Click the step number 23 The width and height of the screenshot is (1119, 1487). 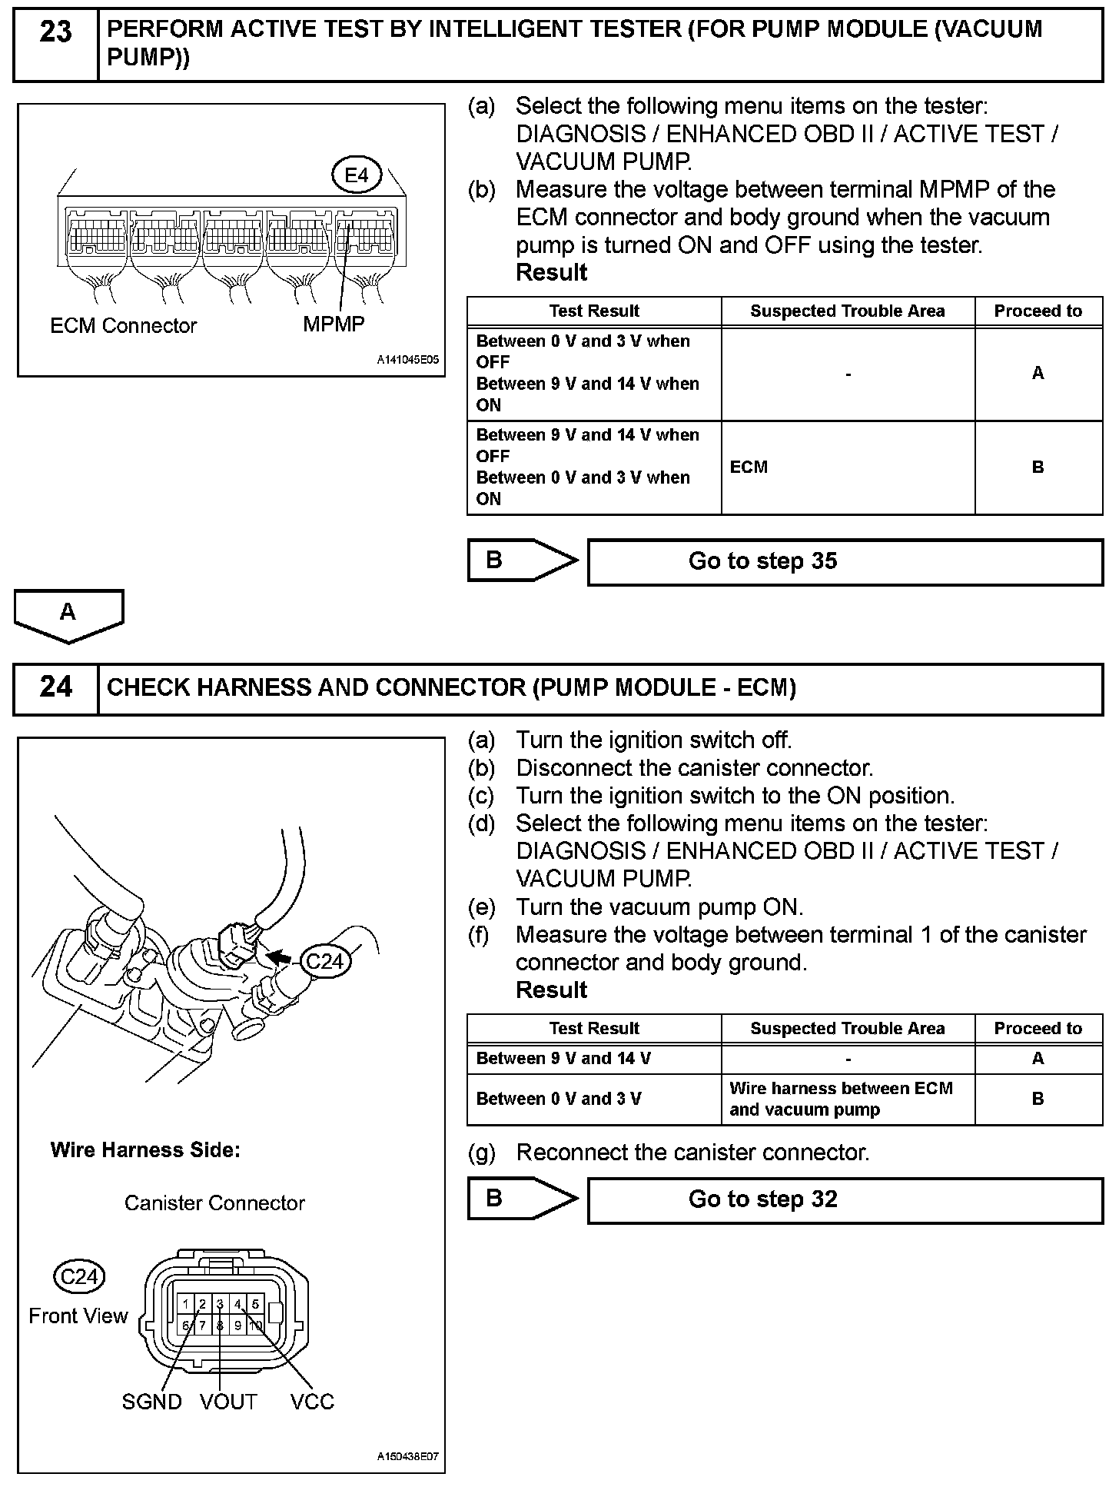pyautogui.click(x=55, y=32)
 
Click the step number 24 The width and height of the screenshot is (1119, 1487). pyautogui.click(x=55, y=687)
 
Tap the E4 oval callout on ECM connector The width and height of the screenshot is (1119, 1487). pyautogui.click(x=357, y=176)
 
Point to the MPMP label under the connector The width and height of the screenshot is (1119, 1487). pyautogui.click(x=334, y=324)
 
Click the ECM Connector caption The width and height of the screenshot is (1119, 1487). pyautogui.click(x=123, y=326)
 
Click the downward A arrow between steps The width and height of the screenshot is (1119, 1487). pyautogui.click(x=68, y=614)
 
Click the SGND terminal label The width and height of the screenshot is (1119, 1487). pyautogui.click(x=151, y=1402)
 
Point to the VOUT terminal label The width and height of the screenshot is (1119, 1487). pyautogui.click(x=227, y=1402)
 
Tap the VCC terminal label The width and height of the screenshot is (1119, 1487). pyautogui.click(x=312, y=1402)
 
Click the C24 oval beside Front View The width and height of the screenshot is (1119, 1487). pyautogui.click(x=79, y=1277)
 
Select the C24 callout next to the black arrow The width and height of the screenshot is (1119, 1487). pyautogui.click(x=324, y=961)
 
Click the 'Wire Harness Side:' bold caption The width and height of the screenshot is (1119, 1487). pyautogui.click(x=145, y=1150)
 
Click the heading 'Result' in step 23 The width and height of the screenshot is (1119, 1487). pyautogui.click(x=551, y=273)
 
